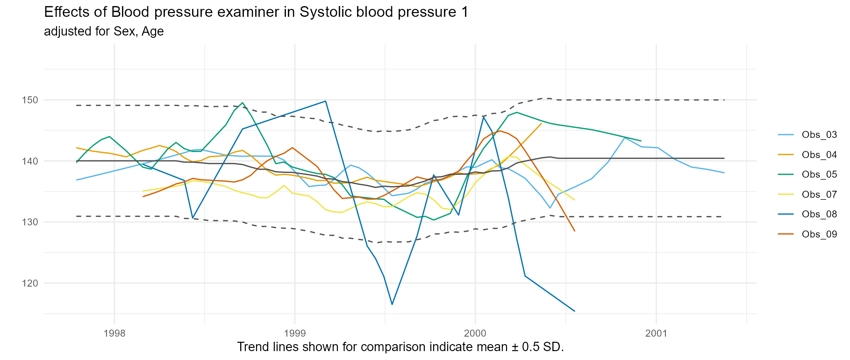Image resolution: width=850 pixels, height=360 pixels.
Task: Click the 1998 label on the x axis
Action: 114,333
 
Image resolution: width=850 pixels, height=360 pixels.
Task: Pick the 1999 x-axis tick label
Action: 295,333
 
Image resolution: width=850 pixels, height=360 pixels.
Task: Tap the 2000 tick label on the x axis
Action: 475,333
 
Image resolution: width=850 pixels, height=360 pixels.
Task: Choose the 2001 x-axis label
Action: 656,333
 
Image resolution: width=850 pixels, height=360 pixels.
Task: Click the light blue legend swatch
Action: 786,135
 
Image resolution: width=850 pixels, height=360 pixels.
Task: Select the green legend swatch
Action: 786,174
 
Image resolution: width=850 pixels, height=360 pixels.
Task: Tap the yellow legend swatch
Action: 786,194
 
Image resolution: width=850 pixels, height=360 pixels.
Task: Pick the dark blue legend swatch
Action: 786,214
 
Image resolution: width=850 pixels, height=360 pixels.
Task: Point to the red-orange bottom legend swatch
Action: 786,234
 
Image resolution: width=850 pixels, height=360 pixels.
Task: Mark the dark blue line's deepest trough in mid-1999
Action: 392,305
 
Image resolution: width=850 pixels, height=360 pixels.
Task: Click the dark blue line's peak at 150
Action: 325,101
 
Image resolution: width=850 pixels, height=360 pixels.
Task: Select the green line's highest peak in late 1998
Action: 243,102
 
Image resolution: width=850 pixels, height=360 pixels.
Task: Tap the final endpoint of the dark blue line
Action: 575,311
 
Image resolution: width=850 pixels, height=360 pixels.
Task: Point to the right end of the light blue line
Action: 724,173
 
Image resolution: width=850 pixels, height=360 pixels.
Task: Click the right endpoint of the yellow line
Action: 575,200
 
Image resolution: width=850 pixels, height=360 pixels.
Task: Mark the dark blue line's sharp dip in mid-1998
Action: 192,218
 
